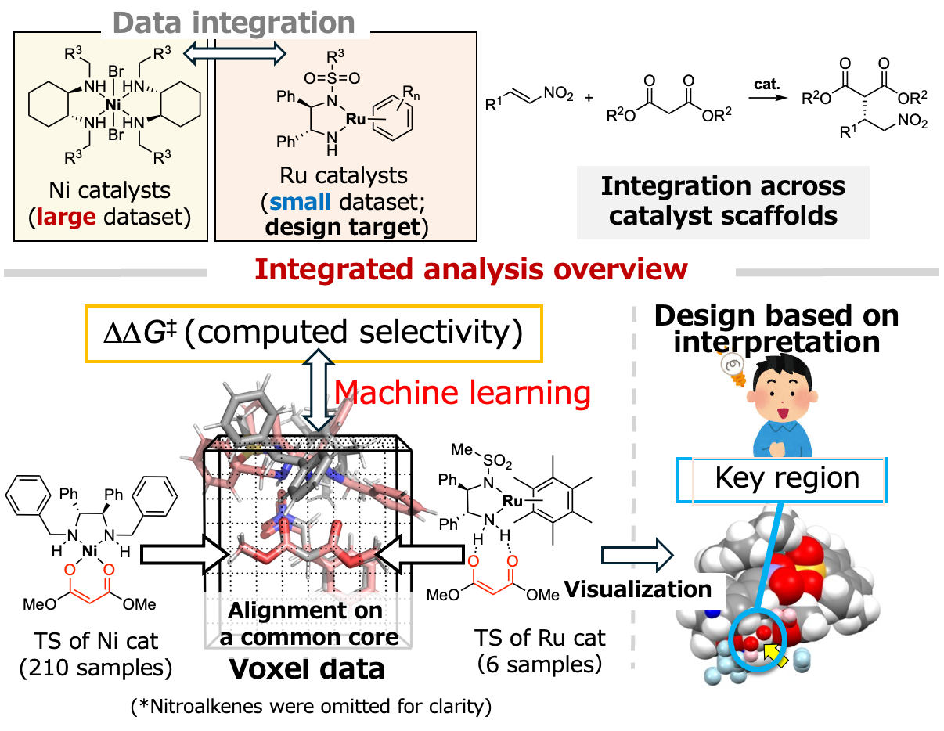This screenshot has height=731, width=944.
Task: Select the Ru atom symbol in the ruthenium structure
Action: [356, 119]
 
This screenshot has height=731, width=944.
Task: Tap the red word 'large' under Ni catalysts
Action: [67, 216]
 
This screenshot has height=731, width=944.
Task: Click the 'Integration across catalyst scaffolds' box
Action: [722, 201]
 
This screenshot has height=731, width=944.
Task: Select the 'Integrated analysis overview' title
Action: [470, 270]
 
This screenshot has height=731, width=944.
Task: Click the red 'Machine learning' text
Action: [462, 392]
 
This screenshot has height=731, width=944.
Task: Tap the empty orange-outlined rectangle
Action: [313, 333]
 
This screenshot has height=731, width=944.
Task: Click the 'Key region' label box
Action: [786, 478]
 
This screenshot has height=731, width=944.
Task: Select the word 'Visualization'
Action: [638, 589]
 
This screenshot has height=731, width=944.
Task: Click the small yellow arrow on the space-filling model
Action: [775, 654]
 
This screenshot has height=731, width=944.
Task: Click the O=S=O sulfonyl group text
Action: [332, 78]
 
